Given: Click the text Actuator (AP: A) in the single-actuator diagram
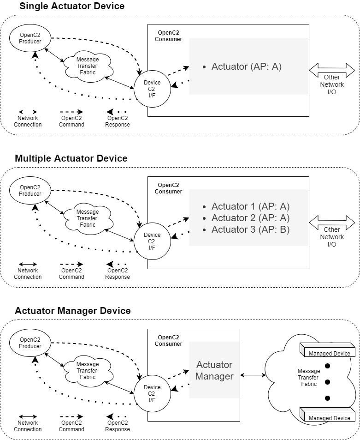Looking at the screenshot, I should click(246, 66).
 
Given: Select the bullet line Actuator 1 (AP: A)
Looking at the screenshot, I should click(250, 206).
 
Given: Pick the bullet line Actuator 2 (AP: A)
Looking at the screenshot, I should click(250, 218).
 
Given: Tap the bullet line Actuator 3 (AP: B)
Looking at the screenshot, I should click(250, 229).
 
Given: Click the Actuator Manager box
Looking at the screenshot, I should click(214, 370).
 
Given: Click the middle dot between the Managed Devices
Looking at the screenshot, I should click(328, 382).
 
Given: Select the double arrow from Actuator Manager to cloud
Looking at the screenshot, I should click(253, 375).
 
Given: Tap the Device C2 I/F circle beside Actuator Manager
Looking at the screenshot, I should click(152, 391).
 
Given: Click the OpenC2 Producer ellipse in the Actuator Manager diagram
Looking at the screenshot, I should click(30, 343).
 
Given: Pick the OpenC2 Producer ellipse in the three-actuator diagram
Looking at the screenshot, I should click(30, 191).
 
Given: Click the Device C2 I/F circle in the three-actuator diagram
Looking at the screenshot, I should click(152, 238).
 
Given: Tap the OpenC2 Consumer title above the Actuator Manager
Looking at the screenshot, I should click(168, 341).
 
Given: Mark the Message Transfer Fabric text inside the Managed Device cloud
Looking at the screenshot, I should click(309, 377).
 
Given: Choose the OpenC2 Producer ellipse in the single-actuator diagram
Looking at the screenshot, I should click(30, 38).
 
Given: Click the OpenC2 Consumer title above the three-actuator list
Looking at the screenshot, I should click(168, 188).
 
